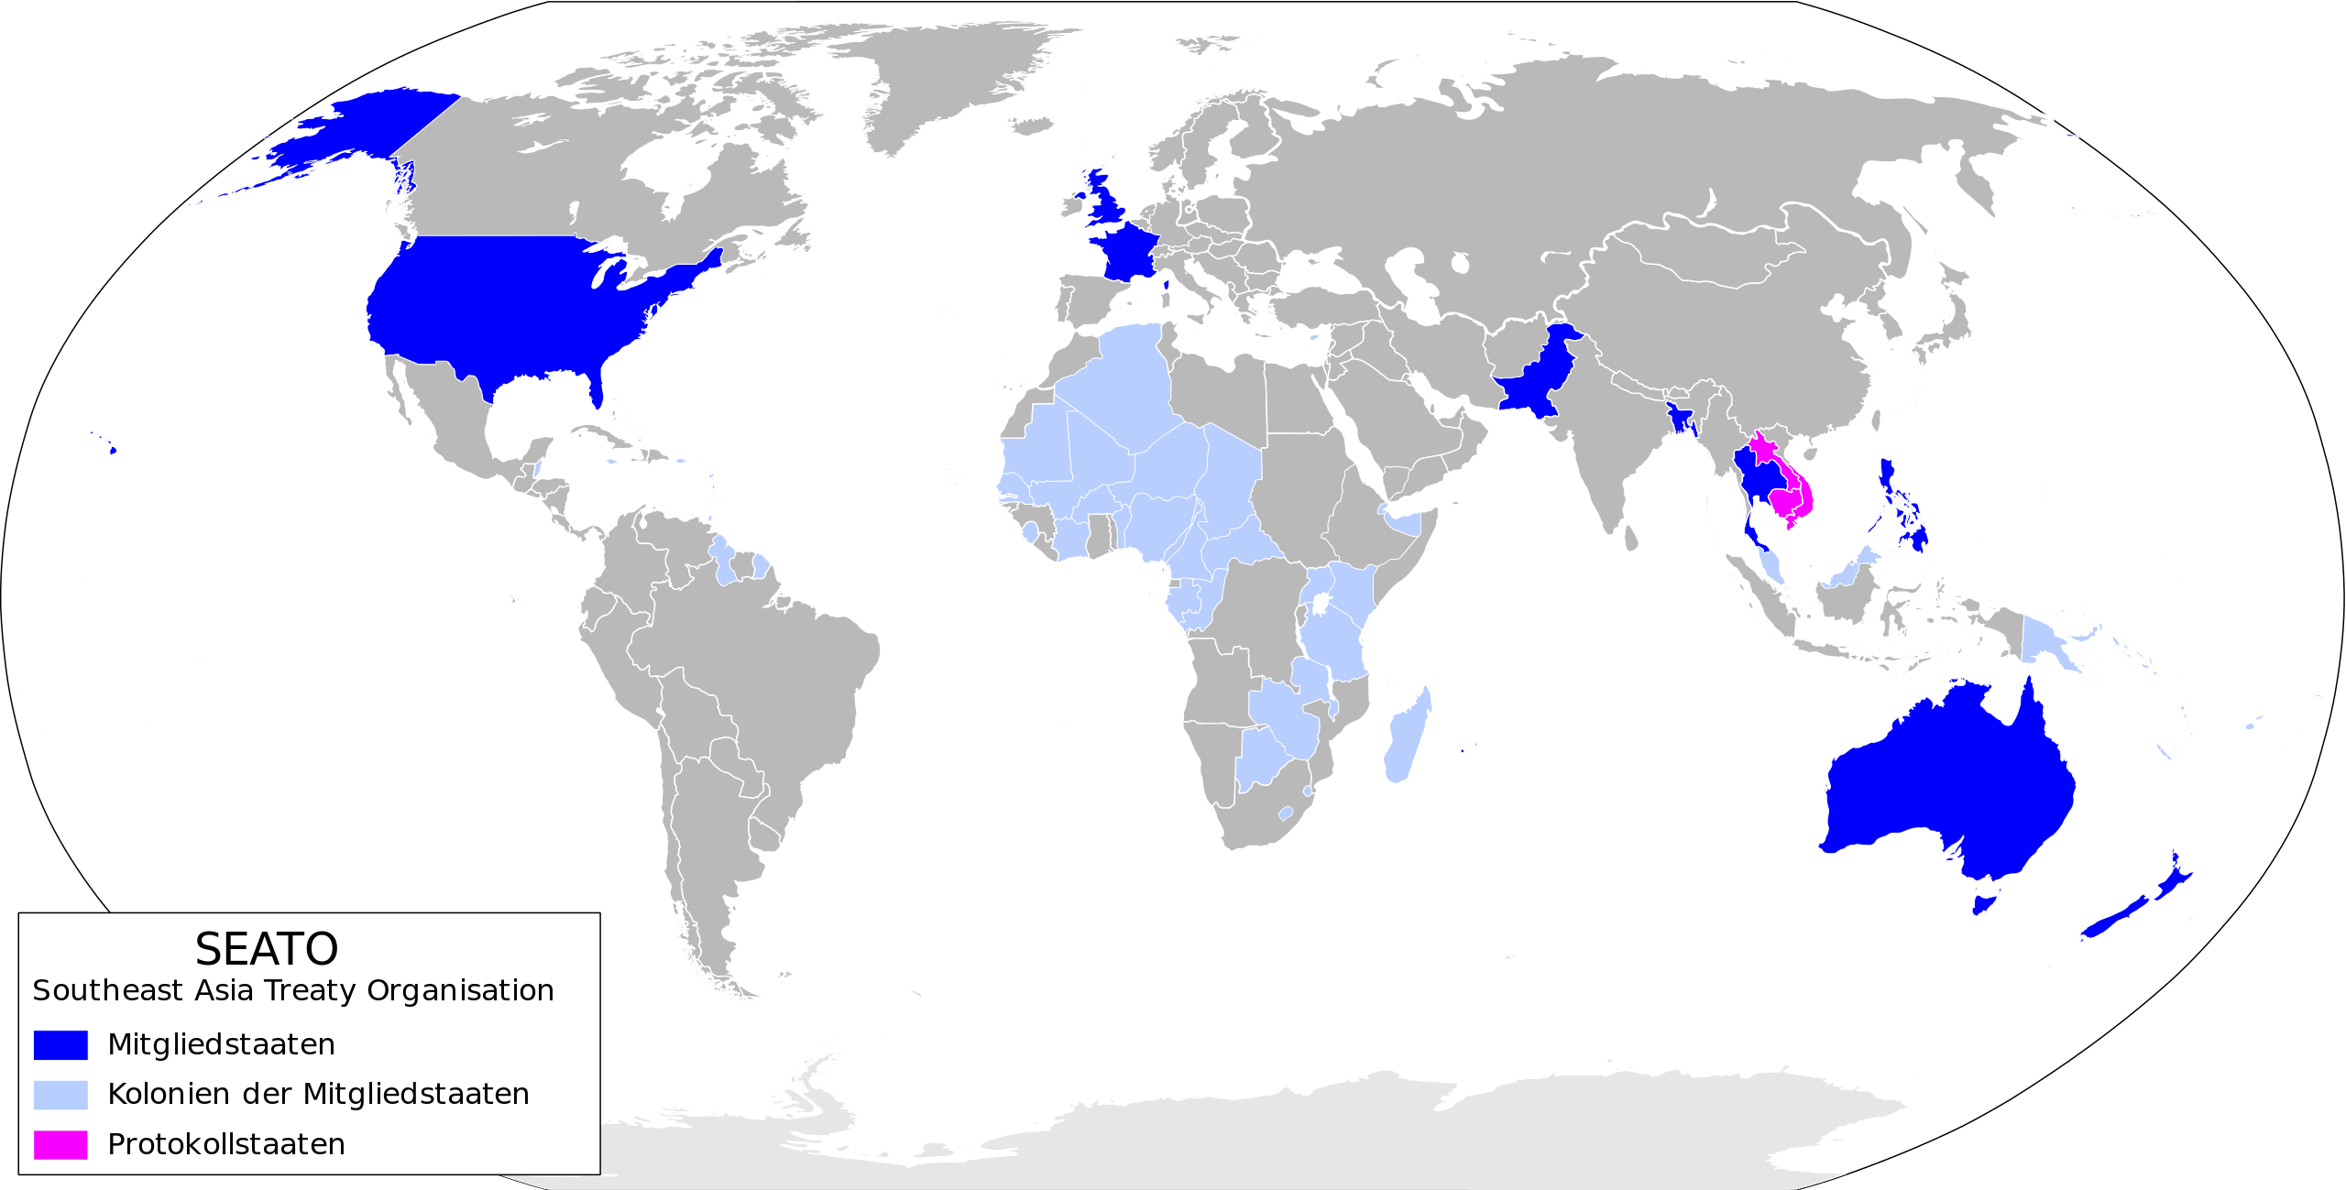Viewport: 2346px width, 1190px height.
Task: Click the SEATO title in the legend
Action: [267, 949]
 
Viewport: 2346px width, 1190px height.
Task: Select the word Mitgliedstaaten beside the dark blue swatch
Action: [221, 1044]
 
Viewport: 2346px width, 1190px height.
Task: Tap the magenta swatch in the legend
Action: [60, 1144]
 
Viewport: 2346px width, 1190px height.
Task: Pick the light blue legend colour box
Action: [60, 1095]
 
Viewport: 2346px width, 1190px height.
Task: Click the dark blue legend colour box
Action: [60, 1044]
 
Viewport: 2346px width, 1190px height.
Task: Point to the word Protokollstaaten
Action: [226, 1144]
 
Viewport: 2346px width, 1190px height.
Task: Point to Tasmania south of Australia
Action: [1982, 905]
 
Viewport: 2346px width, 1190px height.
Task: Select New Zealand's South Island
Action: [2112, 920]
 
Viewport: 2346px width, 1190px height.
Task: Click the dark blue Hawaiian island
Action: [113, 450]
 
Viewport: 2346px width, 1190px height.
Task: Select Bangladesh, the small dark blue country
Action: [1681, 420]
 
